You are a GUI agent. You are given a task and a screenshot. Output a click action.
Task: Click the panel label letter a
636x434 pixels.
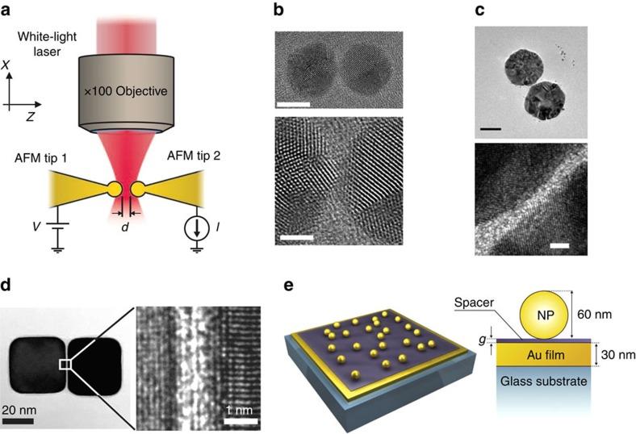coord(9,10)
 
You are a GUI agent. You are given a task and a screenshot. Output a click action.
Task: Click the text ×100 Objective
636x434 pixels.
coord(129,90)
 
